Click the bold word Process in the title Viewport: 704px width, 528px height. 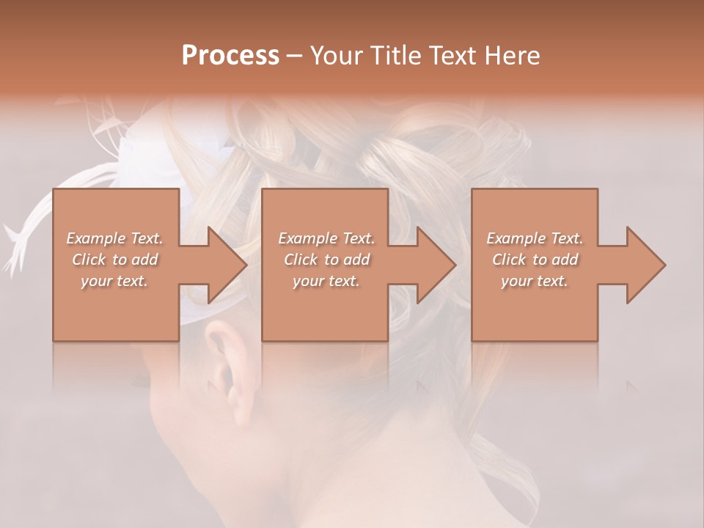point(230,56)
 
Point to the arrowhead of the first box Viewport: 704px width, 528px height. point(227,265)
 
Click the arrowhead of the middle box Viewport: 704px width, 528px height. point(436,265)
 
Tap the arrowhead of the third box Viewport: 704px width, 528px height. point(646,265)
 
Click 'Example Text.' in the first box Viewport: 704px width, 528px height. point(115,238)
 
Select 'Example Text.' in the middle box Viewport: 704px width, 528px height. point(326,238)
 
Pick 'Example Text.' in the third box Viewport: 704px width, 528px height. point(535,238)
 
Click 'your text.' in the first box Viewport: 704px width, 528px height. point(114,281)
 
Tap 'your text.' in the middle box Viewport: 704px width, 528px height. point(326,281)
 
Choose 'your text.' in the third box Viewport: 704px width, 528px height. point(534,281)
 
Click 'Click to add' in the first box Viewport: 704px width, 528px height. point(115,260)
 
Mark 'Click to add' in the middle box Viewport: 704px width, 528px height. point(326,260)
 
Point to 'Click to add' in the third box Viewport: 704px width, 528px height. point(535,260)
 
